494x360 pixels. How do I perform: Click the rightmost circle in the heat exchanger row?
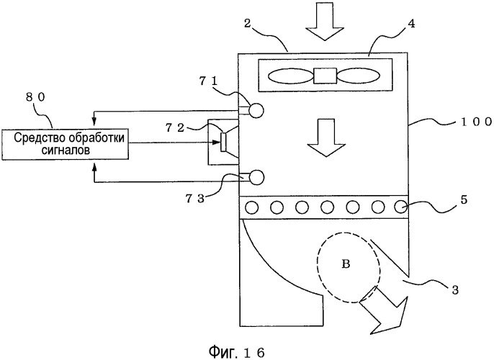(400, 207)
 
